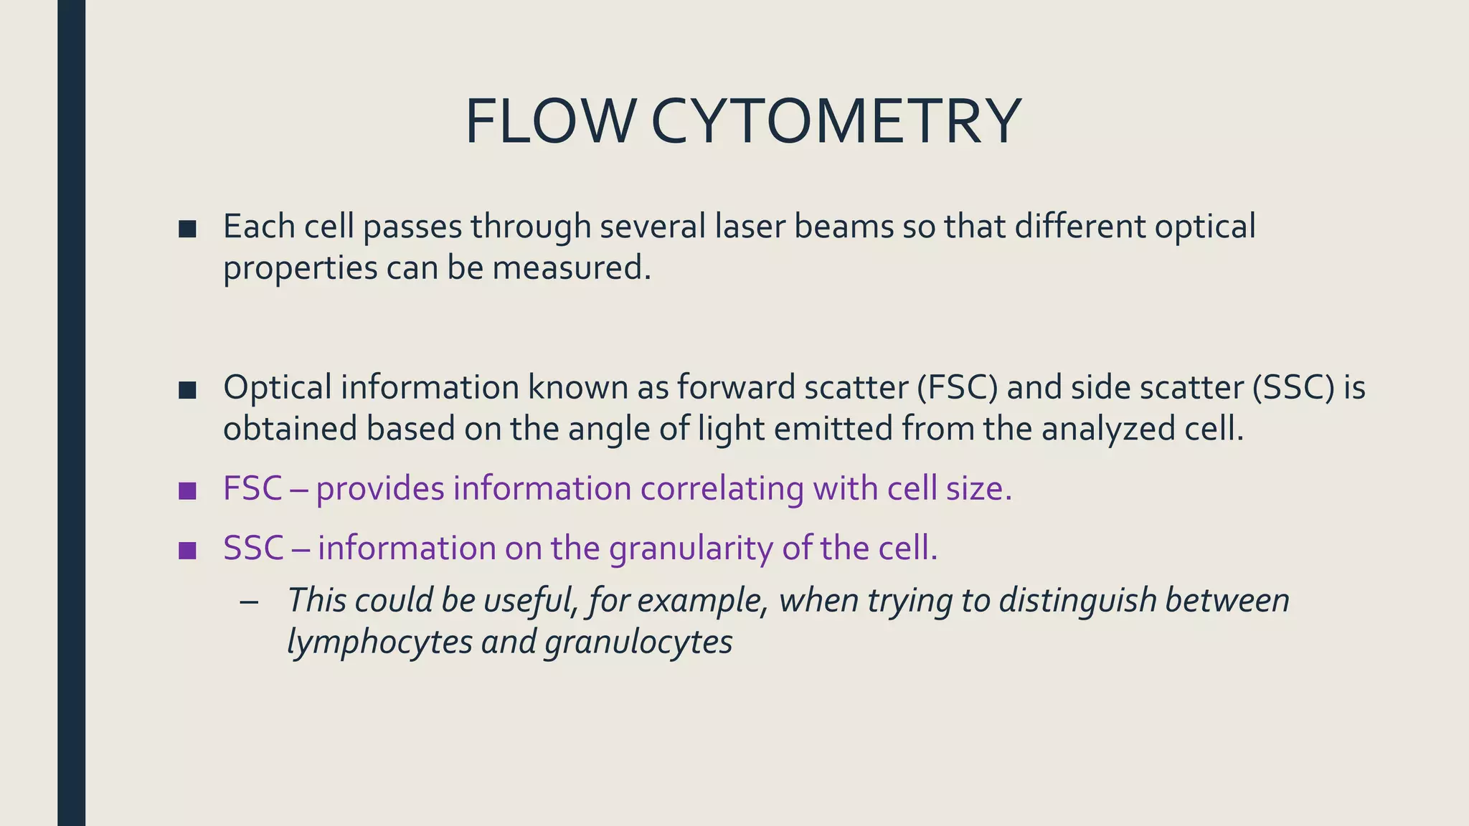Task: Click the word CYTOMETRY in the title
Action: coord(836,122)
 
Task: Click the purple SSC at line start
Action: coord(253,549)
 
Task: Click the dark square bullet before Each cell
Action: coord(187,229)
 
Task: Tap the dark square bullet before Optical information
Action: coord(187,390)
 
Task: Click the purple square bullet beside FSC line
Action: coord(187,491)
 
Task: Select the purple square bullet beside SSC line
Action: coord(187,551)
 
